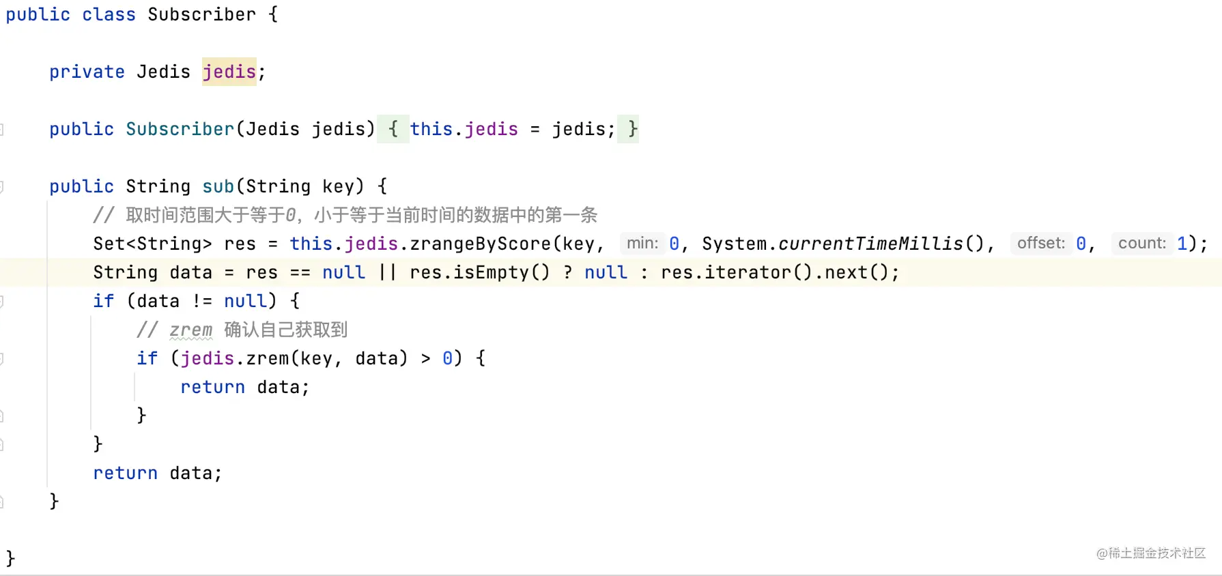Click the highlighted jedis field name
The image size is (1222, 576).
229,72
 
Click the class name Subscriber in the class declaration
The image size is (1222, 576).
202,14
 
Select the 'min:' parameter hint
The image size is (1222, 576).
642,243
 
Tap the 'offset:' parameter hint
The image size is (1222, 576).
1041,243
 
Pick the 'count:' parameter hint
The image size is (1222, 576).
1142,243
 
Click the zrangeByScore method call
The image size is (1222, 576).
481,244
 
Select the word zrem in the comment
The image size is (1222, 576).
191,330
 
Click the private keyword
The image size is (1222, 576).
87,72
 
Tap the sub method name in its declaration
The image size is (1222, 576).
218,186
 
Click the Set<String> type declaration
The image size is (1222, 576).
152,244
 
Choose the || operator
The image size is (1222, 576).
388,272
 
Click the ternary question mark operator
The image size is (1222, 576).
568,272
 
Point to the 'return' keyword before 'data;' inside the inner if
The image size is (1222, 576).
212,387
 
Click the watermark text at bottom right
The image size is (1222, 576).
1151,553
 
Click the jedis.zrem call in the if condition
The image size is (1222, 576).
235,358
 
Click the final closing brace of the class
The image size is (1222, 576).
10,558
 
